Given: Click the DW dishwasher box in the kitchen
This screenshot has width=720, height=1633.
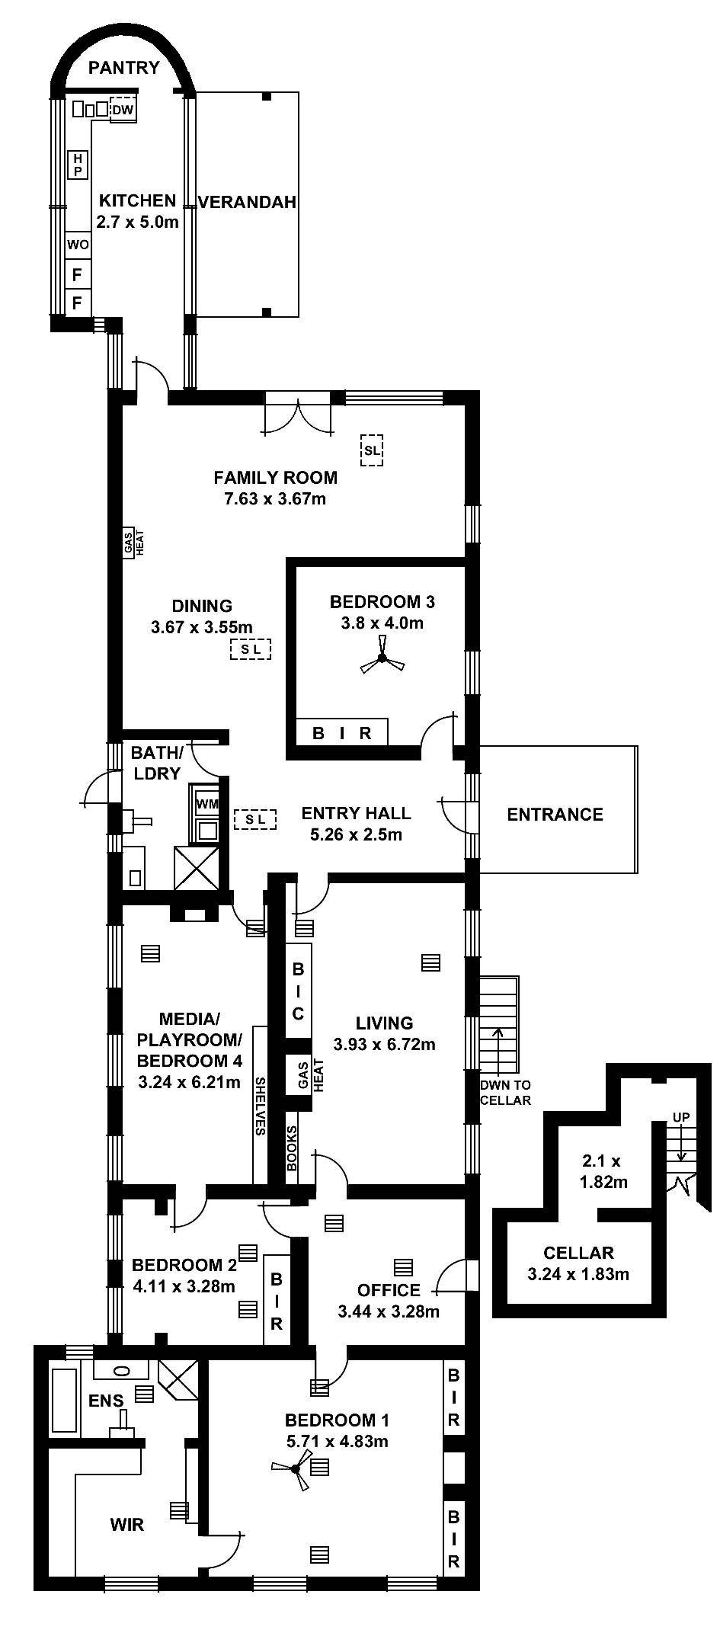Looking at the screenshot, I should pos(123,110).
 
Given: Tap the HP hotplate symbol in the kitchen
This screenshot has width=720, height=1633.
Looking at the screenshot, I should pos(77,165).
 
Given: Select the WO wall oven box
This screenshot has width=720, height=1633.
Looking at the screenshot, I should pos(78,245).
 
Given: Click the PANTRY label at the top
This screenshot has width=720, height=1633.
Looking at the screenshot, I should pos(123,68).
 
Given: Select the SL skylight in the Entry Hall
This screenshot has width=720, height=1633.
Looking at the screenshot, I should pos(255,819).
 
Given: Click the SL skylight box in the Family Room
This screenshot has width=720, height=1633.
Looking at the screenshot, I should pos(371,450).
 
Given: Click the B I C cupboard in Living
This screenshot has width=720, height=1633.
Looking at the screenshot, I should pos(298,991).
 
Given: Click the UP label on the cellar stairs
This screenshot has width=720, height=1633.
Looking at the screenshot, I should pos(680,1117).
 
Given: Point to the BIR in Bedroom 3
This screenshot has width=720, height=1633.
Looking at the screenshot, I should pos(342,733).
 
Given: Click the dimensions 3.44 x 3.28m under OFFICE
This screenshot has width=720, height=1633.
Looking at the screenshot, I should pos(388,1311).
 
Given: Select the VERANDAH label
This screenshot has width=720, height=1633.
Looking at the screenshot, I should pos(247,202).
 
